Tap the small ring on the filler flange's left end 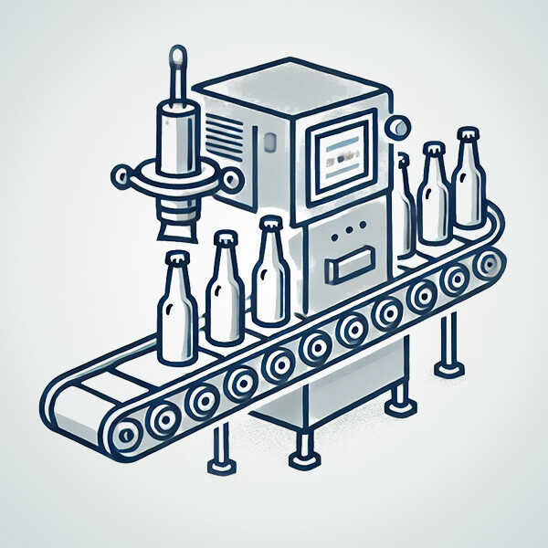121,174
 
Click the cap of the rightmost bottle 468,134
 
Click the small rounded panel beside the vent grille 271,142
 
